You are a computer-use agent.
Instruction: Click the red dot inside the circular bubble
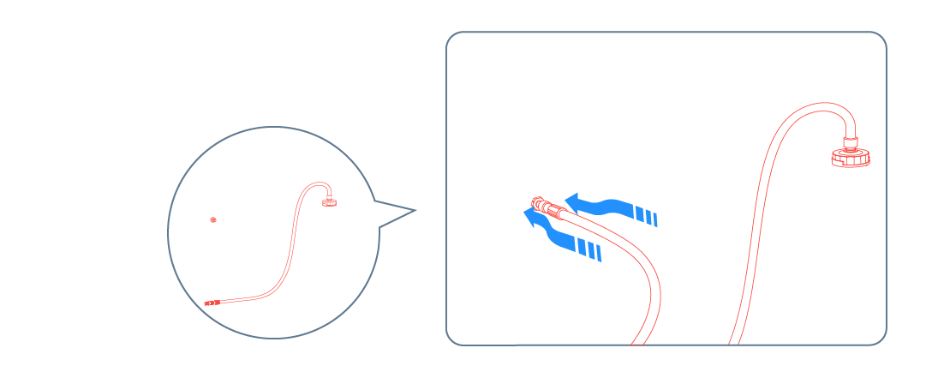click(213, 219)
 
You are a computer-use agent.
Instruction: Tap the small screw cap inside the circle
click(330, 202)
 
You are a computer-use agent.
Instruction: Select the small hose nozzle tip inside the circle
click(209, 303)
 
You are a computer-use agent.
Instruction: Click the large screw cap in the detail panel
click(851, 159)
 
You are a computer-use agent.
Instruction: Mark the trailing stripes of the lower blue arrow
click(589, 249)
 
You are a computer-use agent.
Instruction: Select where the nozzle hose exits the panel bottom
click(642, 342)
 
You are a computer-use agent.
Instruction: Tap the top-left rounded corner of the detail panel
click(453, 39)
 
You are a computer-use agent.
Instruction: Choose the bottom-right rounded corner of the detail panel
click(879, 338)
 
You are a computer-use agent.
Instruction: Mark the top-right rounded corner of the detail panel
click(879, 39)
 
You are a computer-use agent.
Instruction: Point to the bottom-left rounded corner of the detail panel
click(453, 338)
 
